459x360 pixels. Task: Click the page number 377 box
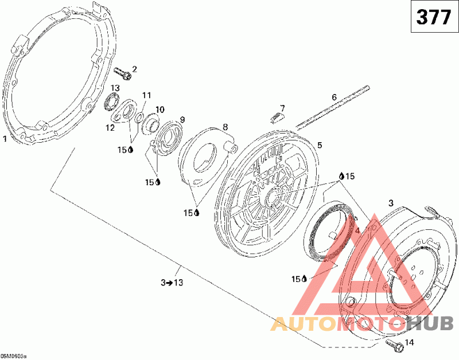point(433,18)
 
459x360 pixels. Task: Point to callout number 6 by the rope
point(334,97)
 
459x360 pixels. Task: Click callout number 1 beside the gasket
point(5,138)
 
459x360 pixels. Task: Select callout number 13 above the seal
point(115,88)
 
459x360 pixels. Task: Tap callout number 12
point(110,128)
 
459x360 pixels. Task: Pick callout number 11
point(146,95)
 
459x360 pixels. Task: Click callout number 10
point(160,109)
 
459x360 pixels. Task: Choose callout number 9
point(182,119)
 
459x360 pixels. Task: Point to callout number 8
point(225,127)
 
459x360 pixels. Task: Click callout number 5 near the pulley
point(320,145)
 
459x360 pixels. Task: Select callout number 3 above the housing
point(391,202)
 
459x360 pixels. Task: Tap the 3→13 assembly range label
point(173,282)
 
